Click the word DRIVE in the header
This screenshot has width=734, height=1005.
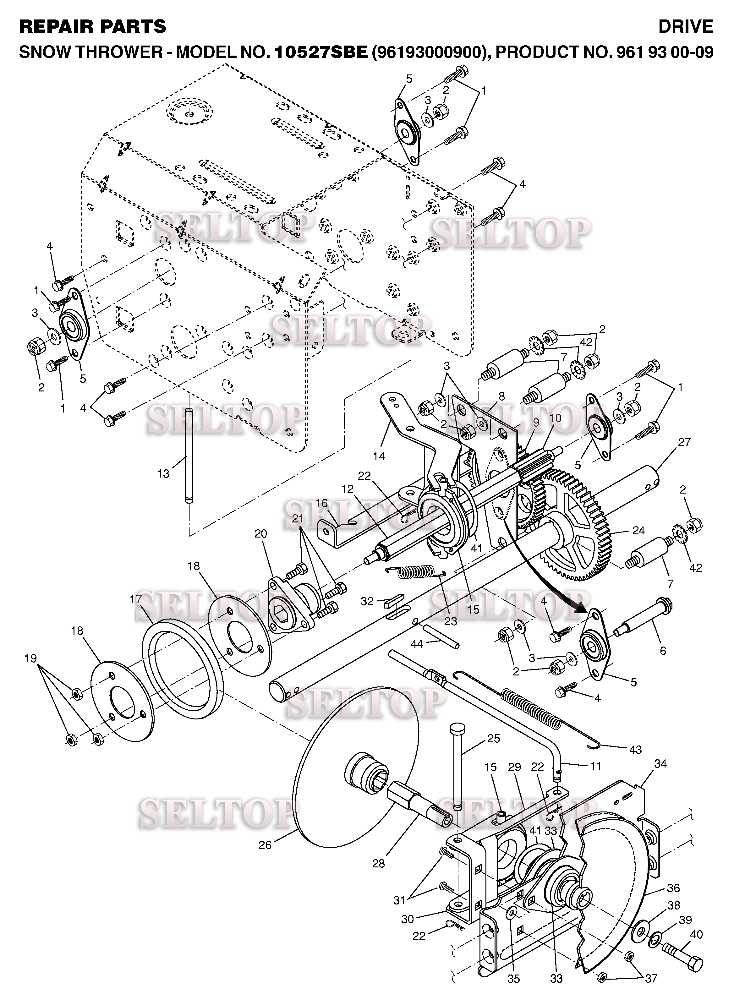(x=686, y=27)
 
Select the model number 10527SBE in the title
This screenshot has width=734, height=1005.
(x=321, y=52)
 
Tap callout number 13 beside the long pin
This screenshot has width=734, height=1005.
(x=163, y=474)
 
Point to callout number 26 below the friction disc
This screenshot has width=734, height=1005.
(x=265, y=844)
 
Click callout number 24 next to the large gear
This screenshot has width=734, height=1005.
(x=639, y=531)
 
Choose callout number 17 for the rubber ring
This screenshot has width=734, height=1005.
(x=135, y=599)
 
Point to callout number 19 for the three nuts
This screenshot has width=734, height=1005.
(x=31, y=658)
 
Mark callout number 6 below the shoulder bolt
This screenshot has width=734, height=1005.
(x=663, y=651)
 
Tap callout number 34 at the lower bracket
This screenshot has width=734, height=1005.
(x=661, y=764)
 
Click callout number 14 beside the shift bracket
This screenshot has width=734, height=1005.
(x=379, y=456)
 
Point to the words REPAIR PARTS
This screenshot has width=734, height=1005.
(x=92, y=27)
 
